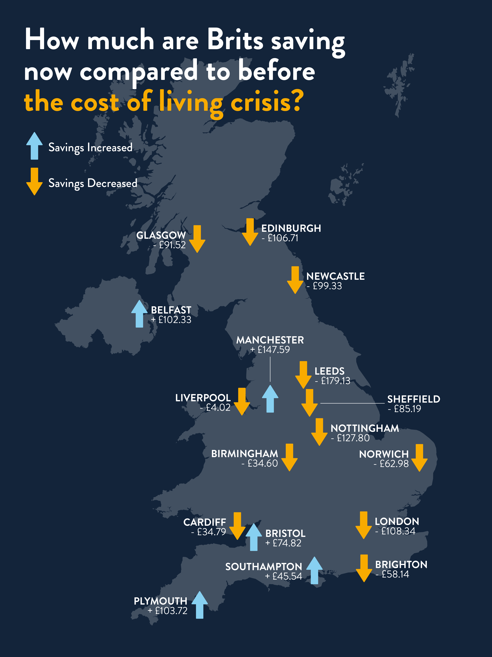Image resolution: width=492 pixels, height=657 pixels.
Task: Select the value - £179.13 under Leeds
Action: [332, 381]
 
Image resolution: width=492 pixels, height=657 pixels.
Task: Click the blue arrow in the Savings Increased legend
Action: [34, 146]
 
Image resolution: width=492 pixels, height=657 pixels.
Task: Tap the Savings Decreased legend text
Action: [92, 183]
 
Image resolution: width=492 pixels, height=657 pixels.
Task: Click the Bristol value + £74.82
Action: [283, 543]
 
